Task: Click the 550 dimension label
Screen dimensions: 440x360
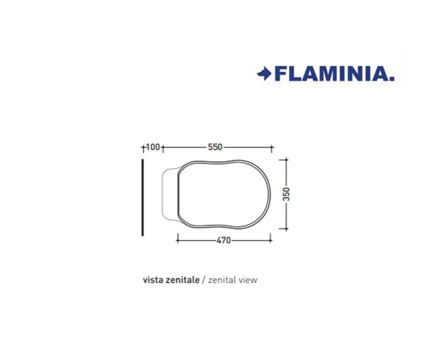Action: click(x=215, y=147)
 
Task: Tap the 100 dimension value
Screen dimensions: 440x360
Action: click(x=153, y=147)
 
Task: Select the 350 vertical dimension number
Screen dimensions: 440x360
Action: click(x=286, y=194)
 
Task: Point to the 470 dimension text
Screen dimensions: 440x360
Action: click(x=223, y=240)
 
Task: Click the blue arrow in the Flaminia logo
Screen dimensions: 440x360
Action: click(x=264, y=74)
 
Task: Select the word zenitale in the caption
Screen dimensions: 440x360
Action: click(x=183, y=280)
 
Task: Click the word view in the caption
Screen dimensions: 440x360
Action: click(x=247, y=280)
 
